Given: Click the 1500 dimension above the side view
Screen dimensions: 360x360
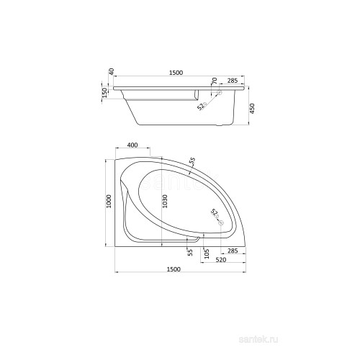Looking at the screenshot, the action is [x=176, y=73].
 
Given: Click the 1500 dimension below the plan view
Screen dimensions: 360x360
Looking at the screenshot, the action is [x=174, y=269].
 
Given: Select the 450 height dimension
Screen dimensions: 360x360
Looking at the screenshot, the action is [x=252, y=109].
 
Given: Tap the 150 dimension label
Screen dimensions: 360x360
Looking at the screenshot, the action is [x=104, y=93].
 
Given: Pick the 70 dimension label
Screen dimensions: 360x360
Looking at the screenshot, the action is [x=215, y=81].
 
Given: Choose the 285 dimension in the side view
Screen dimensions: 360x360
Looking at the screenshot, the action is [x=233, y=81].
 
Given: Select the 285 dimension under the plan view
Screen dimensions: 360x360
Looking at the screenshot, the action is [x=233, y=251].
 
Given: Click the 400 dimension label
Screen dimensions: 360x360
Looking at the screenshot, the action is [x=132, y=145].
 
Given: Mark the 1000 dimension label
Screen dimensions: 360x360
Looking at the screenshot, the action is [x=109, y=201].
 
